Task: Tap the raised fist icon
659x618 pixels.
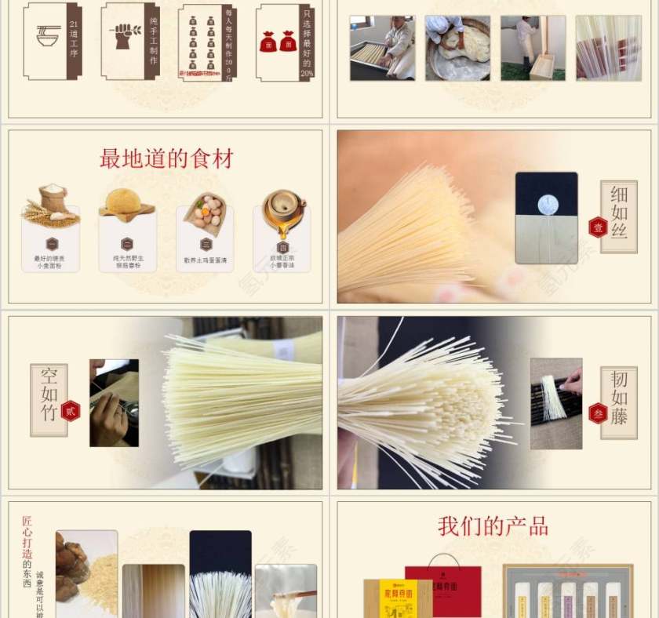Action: click(x=124, y=36)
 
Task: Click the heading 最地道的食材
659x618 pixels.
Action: click(x=166, y=159)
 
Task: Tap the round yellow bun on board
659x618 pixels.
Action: click(x=127, y=204)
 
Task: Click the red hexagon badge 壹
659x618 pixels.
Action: click(x=598, y=227)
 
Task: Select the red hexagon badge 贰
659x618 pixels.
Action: click(x=71, y=410)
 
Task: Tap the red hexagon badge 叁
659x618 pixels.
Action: click(x=598, y=413)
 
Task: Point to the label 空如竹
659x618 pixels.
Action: click(x=49, y=394)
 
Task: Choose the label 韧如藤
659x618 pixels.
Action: click(x=619, y=398)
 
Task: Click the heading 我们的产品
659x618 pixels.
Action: click(x=493, y=526)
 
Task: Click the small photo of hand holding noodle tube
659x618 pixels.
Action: click(x=114, y=402)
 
